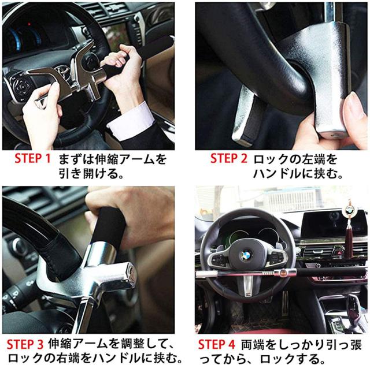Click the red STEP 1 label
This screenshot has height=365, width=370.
pos(32,158)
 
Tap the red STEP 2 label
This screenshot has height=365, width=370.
pos(229,158)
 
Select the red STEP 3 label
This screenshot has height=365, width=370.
pos(25,344)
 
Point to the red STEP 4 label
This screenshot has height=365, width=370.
pos(217,344)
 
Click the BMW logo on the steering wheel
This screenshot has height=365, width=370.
pos(246,255)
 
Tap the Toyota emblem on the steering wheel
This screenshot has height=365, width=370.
pos(62,71)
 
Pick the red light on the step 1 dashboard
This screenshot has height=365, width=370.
pos(29,24)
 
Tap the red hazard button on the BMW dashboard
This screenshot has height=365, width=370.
pos(337,251)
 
